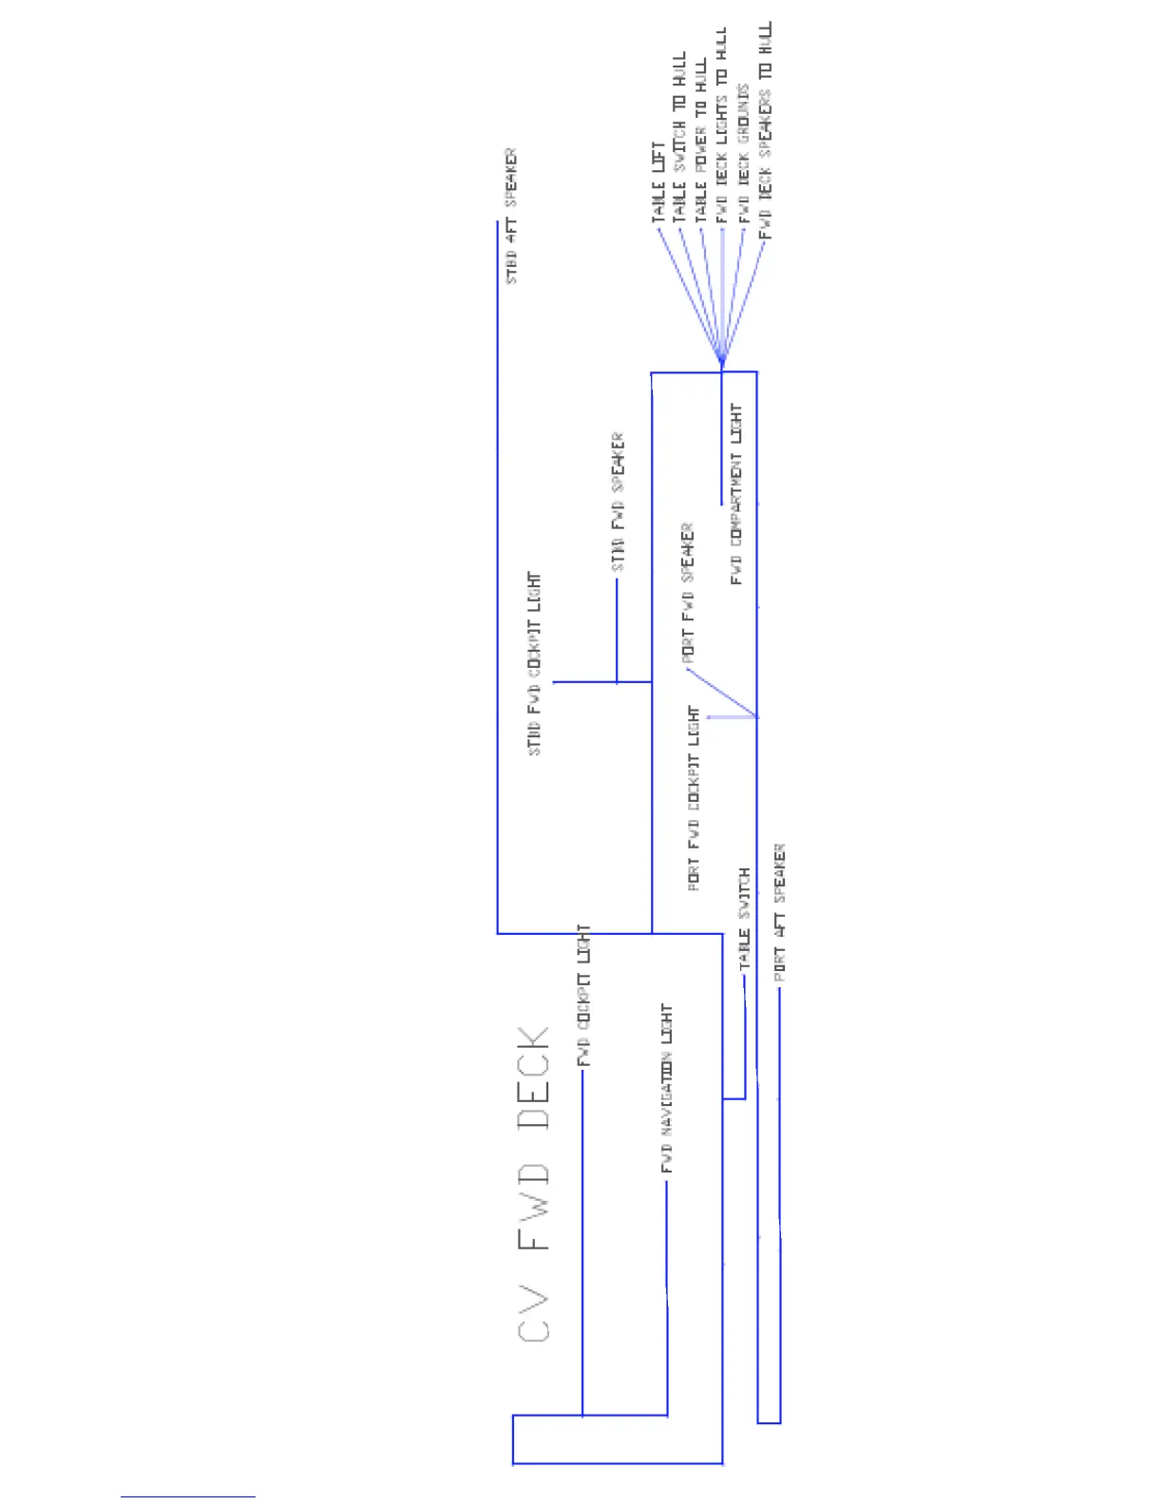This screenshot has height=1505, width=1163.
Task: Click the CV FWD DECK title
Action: [x=534, y=1183]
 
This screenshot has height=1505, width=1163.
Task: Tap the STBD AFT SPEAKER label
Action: [x=511, y=216]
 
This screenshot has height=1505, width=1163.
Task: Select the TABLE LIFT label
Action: [x=658, y=183]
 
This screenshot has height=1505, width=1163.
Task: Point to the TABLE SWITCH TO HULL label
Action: [x=679, y=138]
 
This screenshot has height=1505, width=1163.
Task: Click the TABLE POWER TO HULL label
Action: [x=701, y=143]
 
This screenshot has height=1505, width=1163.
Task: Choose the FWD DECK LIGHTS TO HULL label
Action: [x=722, y=125]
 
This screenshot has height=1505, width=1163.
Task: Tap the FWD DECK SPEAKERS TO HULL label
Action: [x=766, y=130]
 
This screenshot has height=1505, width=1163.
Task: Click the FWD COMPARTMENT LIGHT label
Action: [x=736, y=493]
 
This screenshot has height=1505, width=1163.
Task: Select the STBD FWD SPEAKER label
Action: [x=618, y=503]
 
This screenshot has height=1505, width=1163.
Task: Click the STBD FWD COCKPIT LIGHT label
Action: [x=534, y=663]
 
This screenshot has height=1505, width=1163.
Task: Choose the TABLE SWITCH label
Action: [x=744, y=918]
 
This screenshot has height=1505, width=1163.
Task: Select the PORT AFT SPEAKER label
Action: [x=779, y=912]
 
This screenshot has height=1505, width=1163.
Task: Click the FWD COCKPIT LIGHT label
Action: [x=584, y=995]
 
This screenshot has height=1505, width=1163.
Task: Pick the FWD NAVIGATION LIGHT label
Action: [x=666, y=1088]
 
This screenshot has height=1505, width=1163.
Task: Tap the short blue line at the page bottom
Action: [x=187, y=1496]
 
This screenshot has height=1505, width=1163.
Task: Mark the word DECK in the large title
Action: [x=534, y=1077]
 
